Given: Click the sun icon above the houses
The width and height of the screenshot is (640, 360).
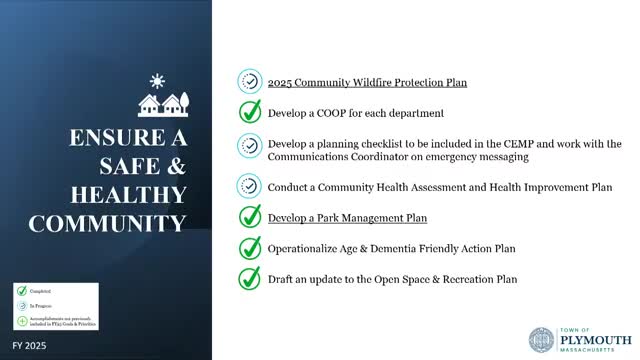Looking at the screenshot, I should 155,80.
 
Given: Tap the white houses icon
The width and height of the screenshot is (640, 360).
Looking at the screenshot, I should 165,103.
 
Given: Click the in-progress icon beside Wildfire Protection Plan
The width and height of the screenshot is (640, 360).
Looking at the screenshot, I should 250,82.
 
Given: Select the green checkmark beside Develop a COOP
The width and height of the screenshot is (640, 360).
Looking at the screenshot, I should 250,113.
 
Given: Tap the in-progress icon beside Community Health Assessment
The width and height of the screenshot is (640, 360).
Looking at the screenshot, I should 250,186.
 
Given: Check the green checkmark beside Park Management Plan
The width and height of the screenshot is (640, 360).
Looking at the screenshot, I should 250,217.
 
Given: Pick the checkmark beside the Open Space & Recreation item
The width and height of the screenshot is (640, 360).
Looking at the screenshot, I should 250,279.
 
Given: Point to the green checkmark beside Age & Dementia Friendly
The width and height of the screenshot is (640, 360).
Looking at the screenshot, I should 250,248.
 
